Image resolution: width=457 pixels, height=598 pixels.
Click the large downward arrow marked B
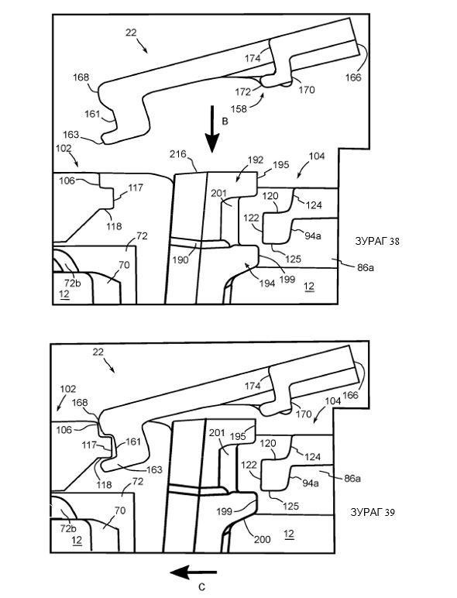pyautogui.click(x=212, y=129)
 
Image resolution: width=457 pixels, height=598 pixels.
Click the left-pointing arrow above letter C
pyautogui.click(x=194, y=572)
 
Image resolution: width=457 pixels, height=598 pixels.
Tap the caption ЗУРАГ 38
pyautogui.click(x=377, y=241)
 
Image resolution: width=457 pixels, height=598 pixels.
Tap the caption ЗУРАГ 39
pyautogui.click(x=373, y=513)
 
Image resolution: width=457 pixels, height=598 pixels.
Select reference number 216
pyautogui.click(x=178, y=154)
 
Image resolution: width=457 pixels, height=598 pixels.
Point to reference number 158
pyautogui.click(x=239, y=108)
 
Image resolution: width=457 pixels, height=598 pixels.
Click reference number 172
pyautogui.click(x=243, y=92)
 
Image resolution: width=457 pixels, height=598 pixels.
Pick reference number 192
pyautogui.click(x=255, y=160)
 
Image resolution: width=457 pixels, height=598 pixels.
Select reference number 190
pyautogui.click(x=180, y=259)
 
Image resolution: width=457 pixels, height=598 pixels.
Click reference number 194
pyautogui.click(x=267, y=283)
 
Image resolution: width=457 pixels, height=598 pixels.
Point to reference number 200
pyautogui.click(x=263, y=539)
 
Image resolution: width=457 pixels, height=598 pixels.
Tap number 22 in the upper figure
pyautogui.click(x=131, y=33)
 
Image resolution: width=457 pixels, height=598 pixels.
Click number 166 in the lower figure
pyautogui.click(x=351, y=395)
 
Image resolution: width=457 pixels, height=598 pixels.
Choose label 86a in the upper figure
pyautogui.click(x=366, y=268)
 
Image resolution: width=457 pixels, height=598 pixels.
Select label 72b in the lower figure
pyautogui.click(x=67, y=528)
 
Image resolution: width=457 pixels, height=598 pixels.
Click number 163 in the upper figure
pyautogui.click(x=70, y=135)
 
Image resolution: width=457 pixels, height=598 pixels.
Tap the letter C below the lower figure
pyautogui.click(x=202, y=587)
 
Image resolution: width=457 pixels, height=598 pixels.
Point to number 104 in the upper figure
pyautogui.click(x=317, y=156)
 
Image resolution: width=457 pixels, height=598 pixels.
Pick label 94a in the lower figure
pyautogui.click(x=311, y=483)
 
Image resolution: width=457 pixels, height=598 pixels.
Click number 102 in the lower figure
pyautogui.click(x=68, y=389)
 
